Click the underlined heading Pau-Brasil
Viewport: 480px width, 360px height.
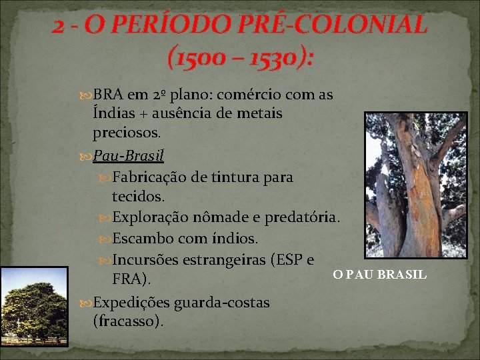tap(129, 156)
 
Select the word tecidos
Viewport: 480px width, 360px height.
tap(137, 197)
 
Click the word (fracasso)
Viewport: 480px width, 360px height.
tap(128, 321)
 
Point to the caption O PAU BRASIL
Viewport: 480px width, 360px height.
tap(380, 275)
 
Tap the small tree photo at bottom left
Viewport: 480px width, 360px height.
tap(34, 307)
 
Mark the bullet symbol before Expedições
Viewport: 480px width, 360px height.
tap(85, 303)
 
